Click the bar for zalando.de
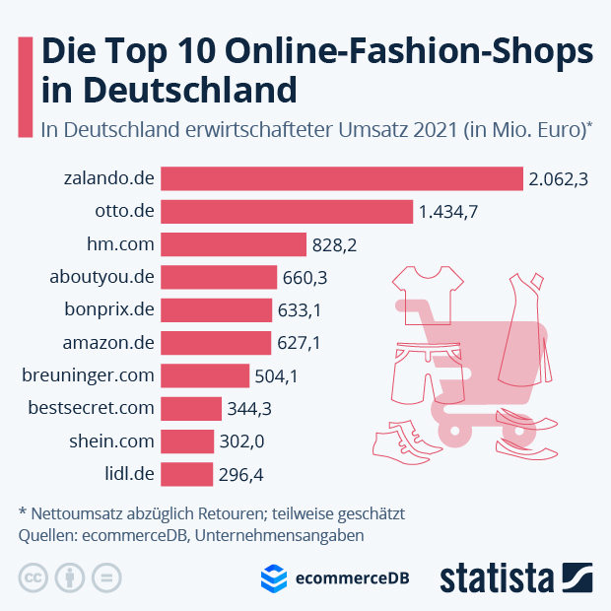point(341,178)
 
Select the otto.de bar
point(287,212)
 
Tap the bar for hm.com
point(234,244)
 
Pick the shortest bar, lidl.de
point(186,473)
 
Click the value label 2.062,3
point(558,179)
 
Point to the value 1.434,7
point(448,212)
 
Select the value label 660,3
point(305,278)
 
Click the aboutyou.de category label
point(102,277)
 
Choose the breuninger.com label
point(89,374)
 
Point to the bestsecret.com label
point(92,407)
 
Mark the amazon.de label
point(108,342)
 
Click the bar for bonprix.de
point(216,309)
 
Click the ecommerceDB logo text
point(352,578)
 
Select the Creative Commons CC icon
point(34,577)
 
